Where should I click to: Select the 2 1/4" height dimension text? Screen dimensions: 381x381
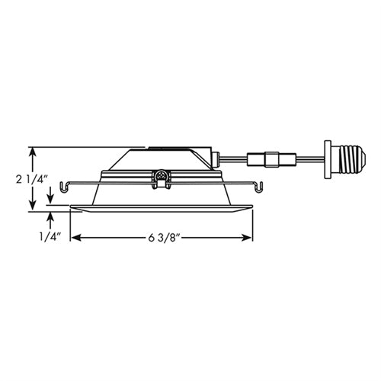point(31,181)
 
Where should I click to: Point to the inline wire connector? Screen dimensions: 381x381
point(269,162)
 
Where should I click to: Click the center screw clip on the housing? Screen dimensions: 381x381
point(161,178)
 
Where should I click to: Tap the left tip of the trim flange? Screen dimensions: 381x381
point(71,206)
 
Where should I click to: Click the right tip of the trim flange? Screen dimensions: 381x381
point(254,206)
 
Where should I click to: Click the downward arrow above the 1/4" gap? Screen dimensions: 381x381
point(51,200)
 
